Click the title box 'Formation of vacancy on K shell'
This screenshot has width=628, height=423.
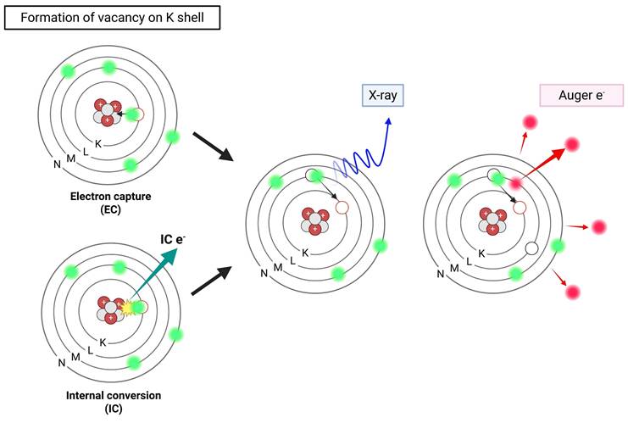pyautogui.click(x=112, y=17)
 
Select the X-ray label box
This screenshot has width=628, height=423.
pyautogui.click(x=383, y=96)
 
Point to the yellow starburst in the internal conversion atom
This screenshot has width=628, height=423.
pyautogui.click(x=130, y=307)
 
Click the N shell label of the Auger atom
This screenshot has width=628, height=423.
pyautogui.click(x=441, y=274)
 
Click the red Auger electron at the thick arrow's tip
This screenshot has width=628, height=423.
pyautogui.click(x=571, y=144)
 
